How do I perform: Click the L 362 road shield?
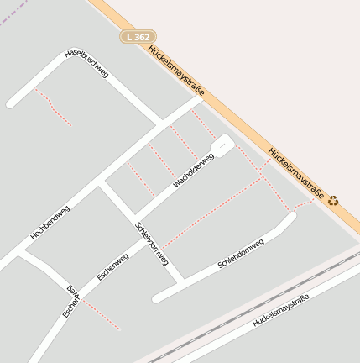(x=138, y=37)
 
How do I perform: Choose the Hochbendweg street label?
(x=50, y=223)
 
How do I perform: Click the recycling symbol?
(x=333, y=201)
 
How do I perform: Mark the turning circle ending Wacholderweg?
(x=222, y=145)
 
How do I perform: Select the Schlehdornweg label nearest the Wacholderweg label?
(x=152, y=245)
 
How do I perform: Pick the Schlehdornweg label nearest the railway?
(x=241, y=253)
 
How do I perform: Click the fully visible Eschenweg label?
(x=112, y=266)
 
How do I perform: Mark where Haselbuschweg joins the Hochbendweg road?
(x=161, y=127)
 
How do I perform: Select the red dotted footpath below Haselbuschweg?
(x=52, y=106)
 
